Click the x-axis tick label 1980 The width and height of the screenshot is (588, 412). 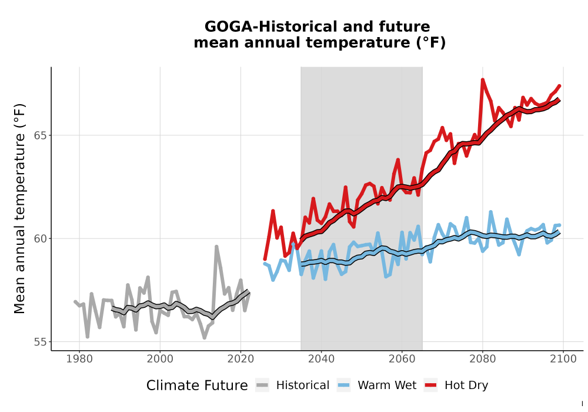[x=79, y=359]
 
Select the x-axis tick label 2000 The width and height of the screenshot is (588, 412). [x=160, y=359]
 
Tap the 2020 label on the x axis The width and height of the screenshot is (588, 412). [x=240, y=359]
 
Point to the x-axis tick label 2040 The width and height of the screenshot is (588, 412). [x=322, y=359]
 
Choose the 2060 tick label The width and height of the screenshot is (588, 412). [x=402, y=359]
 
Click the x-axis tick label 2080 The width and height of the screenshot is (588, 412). [x=483, y=359]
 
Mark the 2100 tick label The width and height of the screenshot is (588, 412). [x=563, y=359]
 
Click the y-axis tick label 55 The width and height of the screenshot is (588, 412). [x=41, y=342]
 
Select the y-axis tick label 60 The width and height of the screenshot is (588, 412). [x=41, y=238]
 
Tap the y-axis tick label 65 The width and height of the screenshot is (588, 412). [x=41, y=135]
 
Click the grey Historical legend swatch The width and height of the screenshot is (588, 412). [x=262, y=385]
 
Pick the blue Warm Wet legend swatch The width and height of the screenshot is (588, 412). [x=343, y=385]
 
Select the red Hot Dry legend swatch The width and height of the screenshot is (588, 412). [x=431, y=385]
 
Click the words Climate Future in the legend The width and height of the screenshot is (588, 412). [x=197, y=386]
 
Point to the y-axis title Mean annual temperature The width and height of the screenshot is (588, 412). [x=19, y=208]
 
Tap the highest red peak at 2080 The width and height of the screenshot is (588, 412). [x=483, y=79]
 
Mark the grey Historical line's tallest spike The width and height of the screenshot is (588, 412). [x=216, y=247]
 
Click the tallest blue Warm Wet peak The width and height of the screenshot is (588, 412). [x=490, y=212]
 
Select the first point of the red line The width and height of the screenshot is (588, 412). [x=265, y=259]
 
